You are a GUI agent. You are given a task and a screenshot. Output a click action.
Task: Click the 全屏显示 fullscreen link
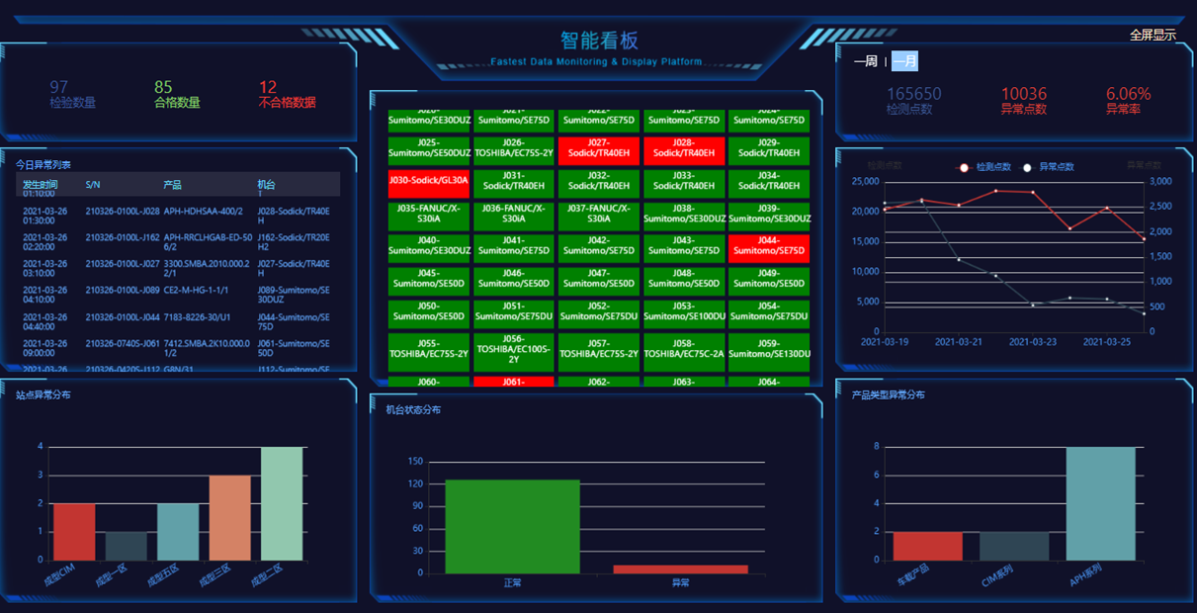[1153, 36]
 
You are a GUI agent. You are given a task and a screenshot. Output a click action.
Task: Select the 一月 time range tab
[904, 61]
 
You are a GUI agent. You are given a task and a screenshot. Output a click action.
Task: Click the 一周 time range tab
[865, 61]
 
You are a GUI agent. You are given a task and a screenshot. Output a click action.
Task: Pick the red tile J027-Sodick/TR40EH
[598, 149]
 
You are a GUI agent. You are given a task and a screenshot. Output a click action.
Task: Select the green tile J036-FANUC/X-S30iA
[513, 215]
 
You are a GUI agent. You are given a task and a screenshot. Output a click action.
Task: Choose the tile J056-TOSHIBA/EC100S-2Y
[513, 349]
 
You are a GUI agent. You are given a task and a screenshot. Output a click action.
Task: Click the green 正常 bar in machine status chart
[512, 526]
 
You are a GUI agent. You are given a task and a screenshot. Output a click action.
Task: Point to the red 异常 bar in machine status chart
[680, 569]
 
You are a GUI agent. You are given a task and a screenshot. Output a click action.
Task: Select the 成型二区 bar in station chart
[282, 503]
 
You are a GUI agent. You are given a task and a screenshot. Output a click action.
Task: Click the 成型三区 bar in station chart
[229, 517]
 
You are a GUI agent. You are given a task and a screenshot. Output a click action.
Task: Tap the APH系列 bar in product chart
[1100, 503]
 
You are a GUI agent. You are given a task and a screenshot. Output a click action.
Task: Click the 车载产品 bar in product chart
[927, 546]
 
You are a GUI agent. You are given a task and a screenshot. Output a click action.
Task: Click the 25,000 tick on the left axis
[865, 182]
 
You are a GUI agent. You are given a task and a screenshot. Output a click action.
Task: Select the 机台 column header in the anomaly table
[267, 185]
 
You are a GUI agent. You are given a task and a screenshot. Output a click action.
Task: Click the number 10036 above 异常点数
[1023, 94]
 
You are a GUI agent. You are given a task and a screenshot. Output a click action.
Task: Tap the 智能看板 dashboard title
[599, 41]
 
